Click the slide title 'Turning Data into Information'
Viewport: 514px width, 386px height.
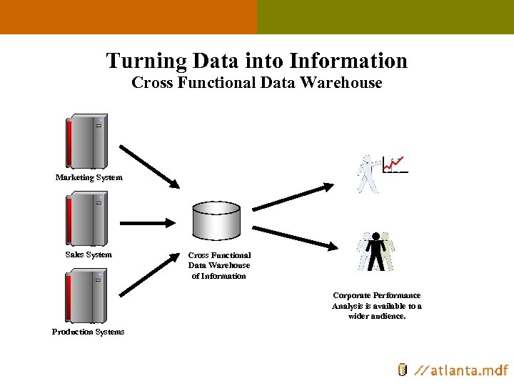pyautogui.click(x=256, y=61)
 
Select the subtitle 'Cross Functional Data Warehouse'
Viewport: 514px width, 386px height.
pyautogui.click(x=256, y=83)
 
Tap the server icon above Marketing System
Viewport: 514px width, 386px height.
pyautogui.click(x=86, y=141)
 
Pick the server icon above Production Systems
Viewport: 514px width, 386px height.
pyautogui.click(x=86, y=296)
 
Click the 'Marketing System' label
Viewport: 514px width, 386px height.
pyautogui.click(x=89, y=177)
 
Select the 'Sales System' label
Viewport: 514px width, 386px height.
pyautogui.click(x=89, y=254)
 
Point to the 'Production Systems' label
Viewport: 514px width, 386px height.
pyautogui.click(x=88, y=332)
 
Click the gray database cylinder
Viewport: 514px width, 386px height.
pyautogui.click(x=216, y=222)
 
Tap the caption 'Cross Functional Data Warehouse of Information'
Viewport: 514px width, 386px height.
pyautogui.click(x=219, y=265)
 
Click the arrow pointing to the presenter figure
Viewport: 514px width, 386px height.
pyautogui.click(x=293, y=197)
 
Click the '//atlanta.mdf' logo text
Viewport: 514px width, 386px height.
pyautogui.click(x=461, y=370)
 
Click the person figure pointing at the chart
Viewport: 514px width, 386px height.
pyautogui.click(x=368, y=174)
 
